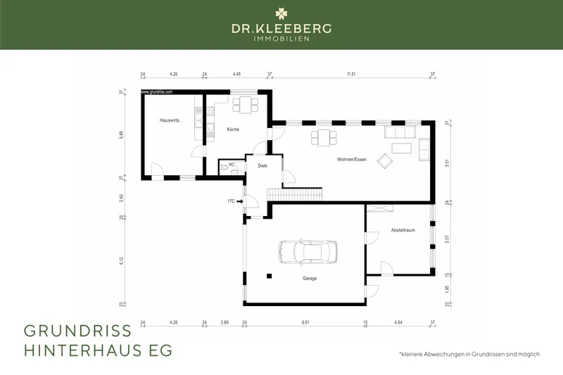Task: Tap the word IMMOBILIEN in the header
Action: point(281,38)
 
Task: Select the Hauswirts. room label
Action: point(170,121)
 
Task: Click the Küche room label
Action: point(233,130)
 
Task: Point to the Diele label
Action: point(262,167)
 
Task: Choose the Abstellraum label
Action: point(398,230)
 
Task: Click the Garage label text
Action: point(310,279)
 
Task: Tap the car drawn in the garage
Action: point(308,250)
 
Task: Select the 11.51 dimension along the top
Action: point(350,73)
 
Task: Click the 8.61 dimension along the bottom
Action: point(305,322)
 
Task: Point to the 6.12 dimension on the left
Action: point(122,260)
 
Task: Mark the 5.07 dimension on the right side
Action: point(448,239)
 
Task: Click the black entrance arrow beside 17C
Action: point(240,201)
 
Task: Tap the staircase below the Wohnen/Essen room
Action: point(295,193)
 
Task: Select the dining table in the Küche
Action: point(246,106)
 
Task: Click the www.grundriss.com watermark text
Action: point(157,92)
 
